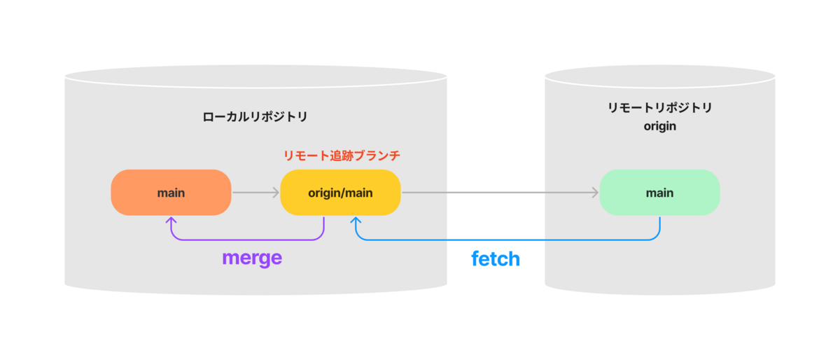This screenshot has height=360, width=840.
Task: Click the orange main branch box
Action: pyautogui.click(x=171, y=193)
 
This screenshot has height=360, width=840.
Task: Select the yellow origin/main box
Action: pyautogui.click(x=340, y=193)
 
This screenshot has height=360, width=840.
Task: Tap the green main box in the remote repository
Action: pyautogui.click(x=659, y=193)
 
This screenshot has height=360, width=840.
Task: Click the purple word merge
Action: pyautogui.click(x=252, y=258)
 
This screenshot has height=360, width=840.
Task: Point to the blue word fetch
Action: pyautogui.click(x=496, y=259)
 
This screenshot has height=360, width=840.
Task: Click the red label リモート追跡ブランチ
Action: pyautogui.click(x=342, y=155)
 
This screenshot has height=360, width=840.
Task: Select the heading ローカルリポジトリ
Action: pyautogui.click(x=255, y=117)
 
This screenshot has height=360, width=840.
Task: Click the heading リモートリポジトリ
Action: pyautogui.click(x=659, y=108)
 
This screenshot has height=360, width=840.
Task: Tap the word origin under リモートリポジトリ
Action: pyautogui.click(x=659, y=127)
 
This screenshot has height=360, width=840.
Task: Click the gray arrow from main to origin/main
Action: pyautogui.click(x=255, y=193)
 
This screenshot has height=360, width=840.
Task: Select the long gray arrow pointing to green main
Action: pyautogui.click(x=500, y=193)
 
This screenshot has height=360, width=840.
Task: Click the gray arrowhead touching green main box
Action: pyautogui.click(x=596, y=193)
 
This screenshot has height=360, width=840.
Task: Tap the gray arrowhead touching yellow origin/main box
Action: pyautogui.click(x=276, y=193)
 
